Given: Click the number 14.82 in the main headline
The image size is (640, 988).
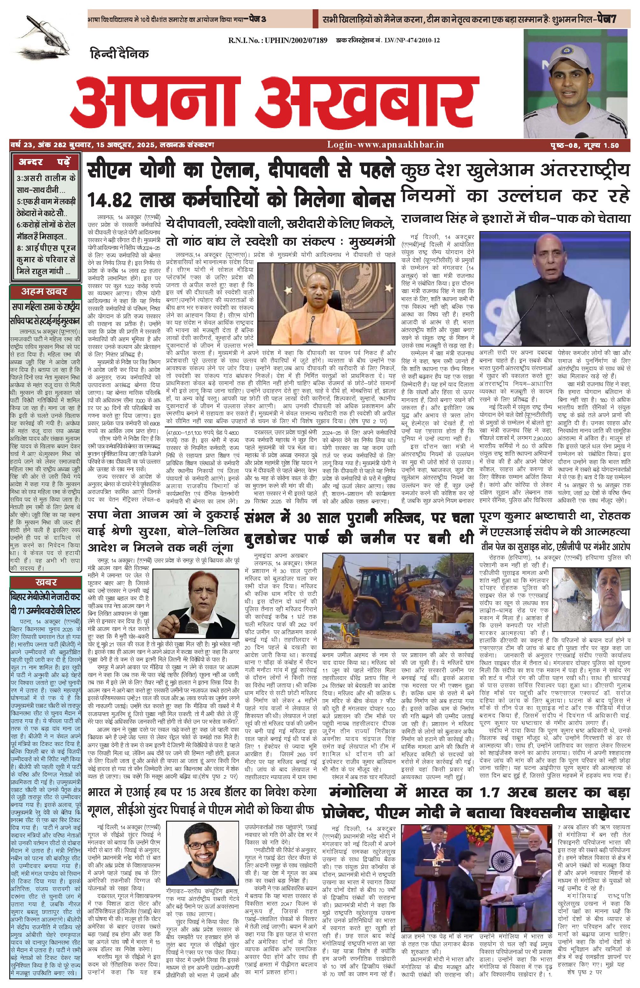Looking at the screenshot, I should coord(110,199).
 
